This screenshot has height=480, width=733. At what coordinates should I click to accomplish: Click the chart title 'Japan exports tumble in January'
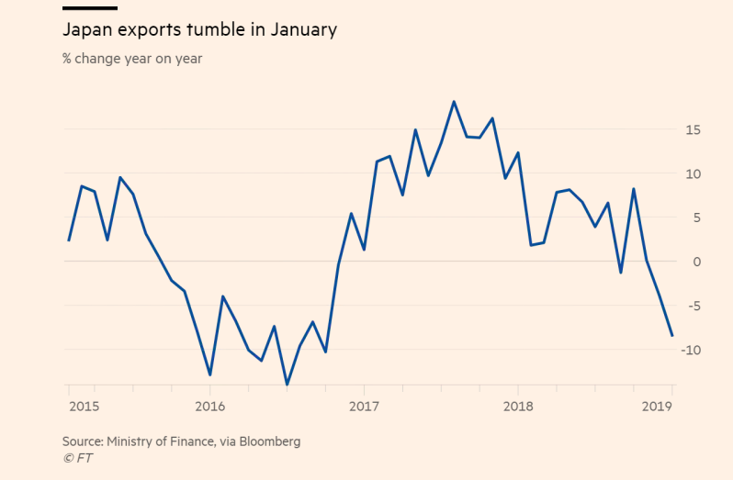199,30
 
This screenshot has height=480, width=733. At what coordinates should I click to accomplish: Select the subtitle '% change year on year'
132,59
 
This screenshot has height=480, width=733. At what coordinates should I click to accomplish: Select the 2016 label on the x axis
210,406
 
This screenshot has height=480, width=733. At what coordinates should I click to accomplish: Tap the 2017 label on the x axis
365,406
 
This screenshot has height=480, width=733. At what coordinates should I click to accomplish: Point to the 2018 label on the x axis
518,406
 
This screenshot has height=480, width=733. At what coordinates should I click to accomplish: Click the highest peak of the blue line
454,102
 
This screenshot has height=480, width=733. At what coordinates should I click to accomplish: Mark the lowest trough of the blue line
288,385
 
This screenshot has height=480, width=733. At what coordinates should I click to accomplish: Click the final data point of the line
672,336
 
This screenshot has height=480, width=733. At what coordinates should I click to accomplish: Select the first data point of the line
69,240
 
